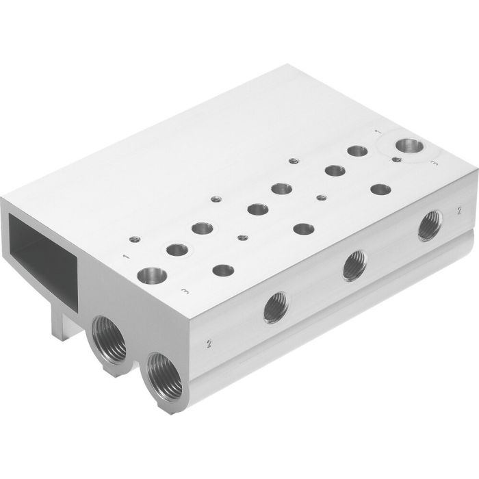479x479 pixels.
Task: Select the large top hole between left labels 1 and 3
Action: click(x=151, y=277)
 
